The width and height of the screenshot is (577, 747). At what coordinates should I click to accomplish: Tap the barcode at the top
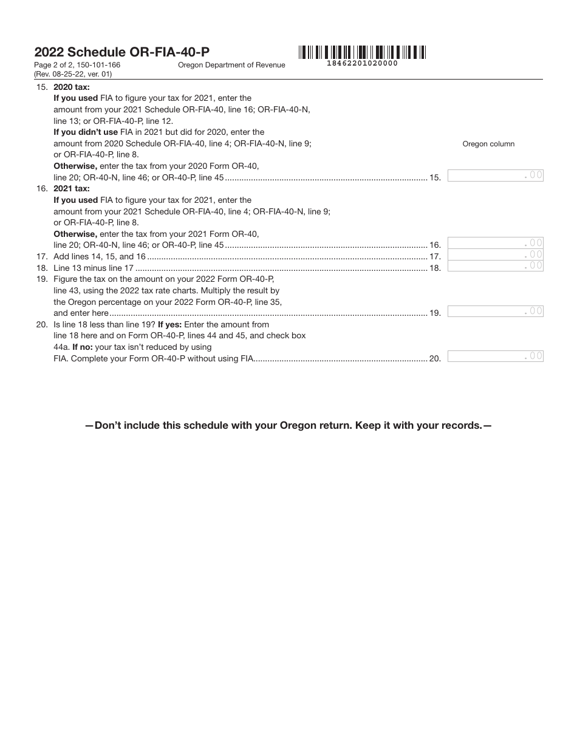click(x=362, y=52)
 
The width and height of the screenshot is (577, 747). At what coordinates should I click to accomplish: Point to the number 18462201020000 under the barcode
click(x=362, y=63)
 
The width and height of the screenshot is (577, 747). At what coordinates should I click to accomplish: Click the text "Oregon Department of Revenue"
click(x=231, y=66)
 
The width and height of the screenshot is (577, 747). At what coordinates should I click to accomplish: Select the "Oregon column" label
click(x=488, y=144)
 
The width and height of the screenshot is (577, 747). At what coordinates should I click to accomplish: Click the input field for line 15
click(x=495, y=176)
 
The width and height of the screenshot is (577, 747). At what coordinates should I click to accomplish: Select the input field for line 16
click(x=495, y=244)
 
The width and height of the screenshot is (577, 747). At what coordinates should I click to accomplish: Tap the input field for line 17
click(x=495, y=254)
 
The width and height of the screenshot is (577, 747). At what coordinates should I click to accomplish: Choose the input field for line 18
click(x=495, y=265)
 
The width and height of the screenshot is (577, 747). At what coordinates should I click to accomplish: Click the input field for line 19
click(x=495, y=311)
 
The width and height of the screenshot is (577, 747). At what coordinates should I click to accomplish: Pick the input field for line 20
click(x=495, y=356)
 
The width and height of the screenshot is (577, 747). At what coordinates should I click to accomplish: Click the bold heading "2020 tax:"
click(x=72, y=87)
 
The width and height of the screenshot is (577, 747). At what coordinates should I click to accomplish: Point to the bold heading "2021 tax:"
click(x=72, y=189)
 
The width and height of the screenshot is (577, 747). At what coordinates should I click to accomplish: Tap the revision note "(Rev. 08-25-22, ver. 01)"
click(x=73, y=74)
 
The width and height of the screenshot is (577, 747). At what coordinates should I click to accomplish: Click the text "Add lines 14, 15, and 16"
click(x=100, y=257)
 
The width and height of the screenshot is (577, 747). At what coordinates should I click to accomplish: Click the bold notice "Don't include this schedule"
click(x=288, y=426)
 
